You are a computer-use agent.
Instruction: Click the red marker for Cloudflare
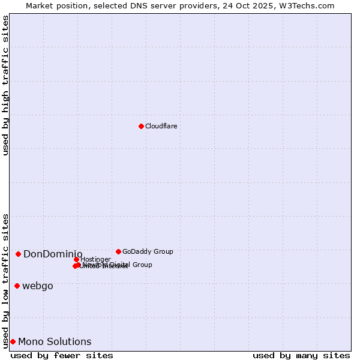point(141,126)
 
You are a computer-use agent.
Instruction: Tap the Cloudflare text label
point(161,126)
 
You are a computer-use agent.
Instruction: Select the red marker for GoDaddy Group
point(118,251)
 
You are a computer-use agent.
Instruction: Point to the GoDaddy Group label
point(148,251)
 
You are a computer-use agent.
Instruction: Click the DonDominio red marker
point(19,254)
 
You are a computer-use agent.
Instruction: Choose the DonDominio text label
point(53,254)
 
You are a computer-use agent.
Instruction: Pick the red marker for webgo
point(17,286)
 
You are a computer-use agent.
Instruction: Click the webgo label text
point(38,286)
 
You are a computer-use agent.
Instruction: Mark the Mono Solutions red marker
point(13,341)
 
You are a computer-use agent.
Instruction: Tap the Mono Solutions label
point(55,342)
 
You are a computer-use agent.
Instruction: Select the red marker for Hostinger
point(76,259)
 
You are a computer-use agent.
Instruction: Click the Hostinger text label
point(95,259)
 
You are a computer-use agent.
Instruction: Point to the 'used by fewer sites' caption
point(62,355)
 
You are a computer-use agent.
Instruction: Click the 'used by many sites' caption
point(301,355)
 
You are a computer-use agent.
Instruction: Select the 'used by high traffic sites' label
point(6,85)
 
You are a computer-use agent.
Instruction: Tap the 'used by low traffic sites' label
point(6,280)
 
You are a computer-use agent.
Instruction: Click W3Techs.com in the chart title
point(306,5)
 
